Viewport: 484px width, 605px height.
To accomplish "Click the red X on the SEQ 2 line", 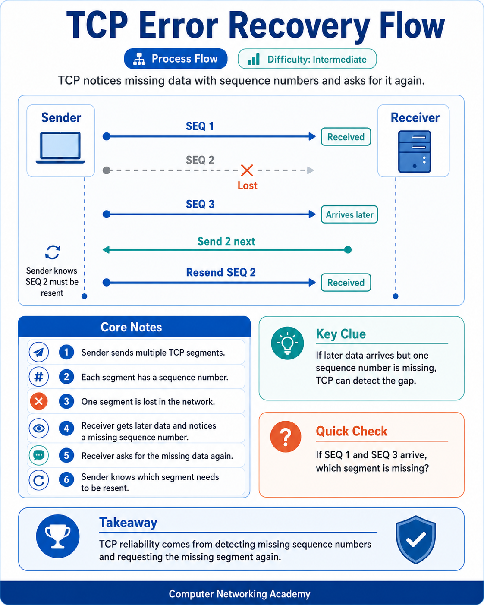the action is pyautogui.click(x=247, y=170).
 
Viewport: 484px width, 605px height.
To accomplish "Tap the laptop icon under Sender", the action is pyautogui.click(x=60, y=148).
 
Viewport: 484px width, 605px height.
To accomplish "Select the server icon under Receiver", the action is pyautogui.click(x=414, y=151).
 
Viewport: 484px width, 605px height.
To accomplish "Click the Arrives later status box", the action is pyautogui.click(x=349, y=214).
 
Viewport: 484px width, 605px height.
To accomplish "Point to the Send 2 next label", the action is pyautogui.click(x=226, y=242).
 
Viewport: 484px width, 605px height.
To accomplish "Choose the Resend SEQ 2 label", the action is pyautogui.click(x=221, y=272).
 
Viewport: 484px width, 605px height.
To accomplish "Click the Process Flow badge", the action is pyautogui.click(x=176, y=59).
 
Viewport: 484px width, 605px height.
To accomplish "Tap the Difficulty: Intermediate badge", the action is pyautogui.click(x=307, y=59).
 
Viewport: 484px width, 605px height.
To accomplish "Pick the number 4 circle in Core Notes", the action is pyautogui.click(x=66, y=428).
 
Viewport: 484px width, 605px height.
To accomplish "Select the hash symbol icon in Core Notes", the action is pyautogui.click(x=39, y=377).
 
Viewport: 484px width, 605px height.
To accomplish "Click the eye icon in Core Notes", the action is pyautogui.click(x=39, y=428).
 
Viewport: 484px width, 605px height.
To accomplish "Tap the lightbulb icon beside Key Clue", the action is pyautogui.click(x=287, y=343).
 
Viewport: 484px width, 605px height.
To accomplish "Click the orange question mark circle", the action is pyautogui.click(x=286, y=437).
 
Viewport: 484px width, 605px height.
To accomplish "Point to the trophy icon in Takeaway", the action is pyautogui.click(x=58, y=536).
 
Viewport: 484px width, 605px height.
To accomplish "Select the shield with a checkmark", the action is pyautogui.click(x=416, y=539).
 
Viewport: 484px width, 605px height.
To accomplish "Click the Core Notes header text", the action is pyautogui.click(x=131, y=327).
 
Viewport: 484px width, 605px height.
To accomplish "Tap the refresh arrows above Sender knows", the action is pyautogui.click(x=53, y=252).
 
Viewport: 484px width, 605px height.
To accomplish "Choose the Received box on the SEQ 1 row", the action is pyautogui.click(x=346, y=137).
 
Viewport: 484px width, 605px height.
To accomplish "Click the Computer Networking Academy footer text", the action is pyautogui.click(x=239, y=594).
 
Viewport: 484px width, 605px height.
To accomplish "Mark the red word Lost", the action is pyautogui.click(x=247, y=186).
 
